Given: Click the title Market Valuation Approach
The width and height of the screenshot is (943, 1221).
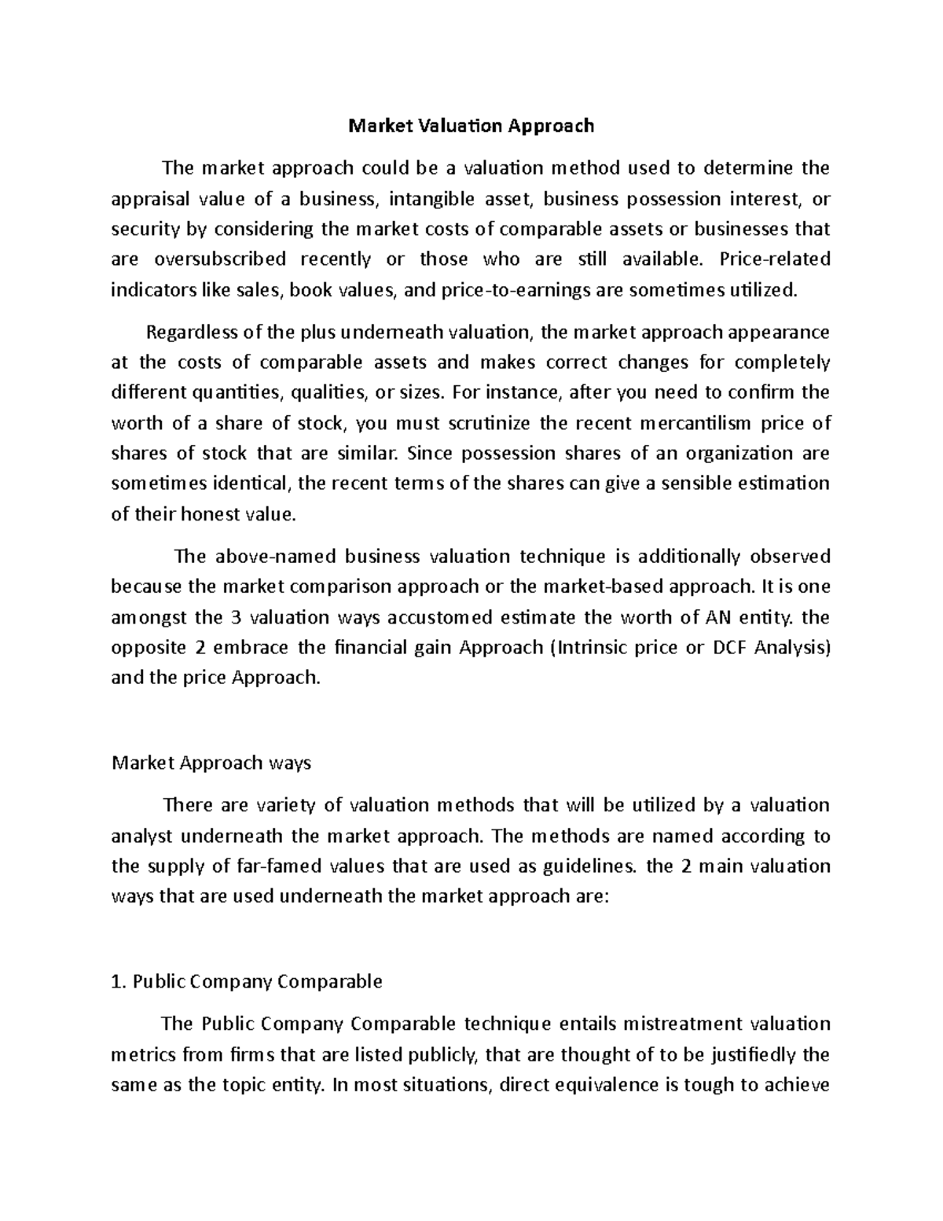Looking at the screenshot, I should [472, 126].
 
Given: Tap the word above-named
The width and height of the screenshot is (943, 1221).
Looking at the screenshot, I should [260, 557].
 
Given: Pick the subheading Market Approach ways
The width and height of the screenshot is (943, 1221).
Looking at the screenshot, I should [211, 763].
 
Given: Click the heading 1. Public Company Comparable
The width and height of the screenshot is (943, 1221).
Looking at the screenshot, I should [247, 982].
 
